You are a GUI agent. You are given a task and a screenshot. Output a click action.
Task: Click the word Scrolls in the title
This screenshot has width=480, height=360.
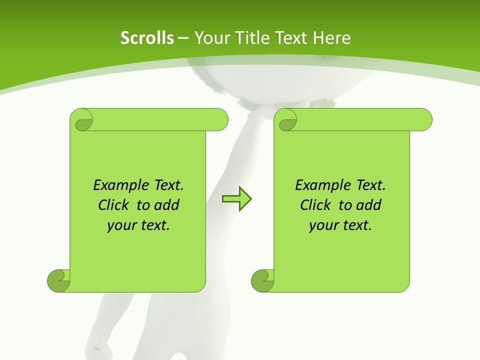click(x=147, y=38)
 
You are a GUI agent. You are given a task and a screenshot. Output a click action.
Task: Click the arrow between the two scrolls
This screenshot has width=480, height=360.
click(x=236, y=198)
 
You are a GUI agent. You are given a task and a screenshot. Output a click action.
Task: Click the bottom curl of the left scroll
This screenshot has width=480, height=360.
click(x=58, y=280)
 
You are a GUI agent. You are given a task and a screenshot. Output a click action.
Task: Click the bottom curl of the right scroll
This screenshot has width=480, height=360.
click(x=262, y=280)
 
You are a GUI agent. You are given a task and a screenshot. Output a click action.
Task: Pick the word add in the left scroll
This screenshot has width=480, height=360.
click(x=167, y=205)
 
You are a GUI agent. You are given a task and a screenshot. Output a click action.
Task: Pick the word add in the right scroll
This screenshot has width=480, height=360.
click(x=369, y=205)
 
